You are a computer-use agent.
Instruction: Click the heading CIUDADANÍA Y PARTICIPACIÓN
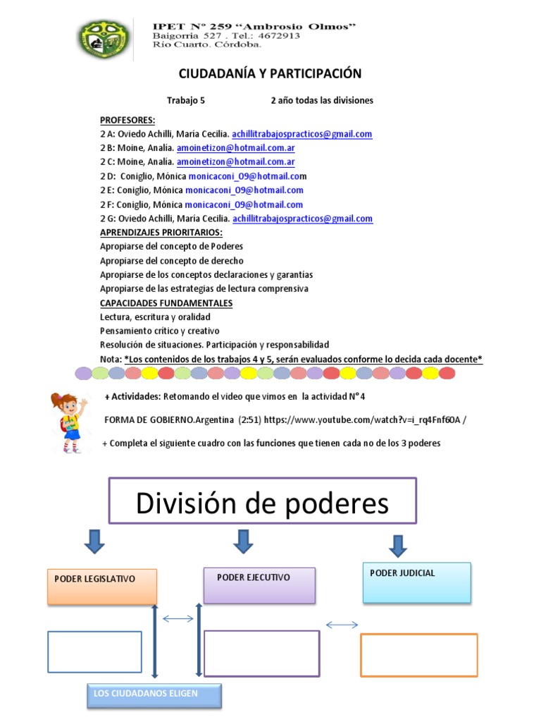click(x=270, y=74)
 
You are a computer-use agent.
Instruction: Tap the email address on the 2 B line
click(x=235, y=148)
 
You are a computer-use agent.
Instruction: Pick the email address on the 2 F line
click(x=244, y=204)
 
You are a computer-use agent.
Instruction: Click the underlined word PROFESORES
click(x=128, y=120)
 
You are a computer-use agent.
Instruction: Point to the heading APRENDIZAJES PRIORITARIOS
click(x=161, y=233)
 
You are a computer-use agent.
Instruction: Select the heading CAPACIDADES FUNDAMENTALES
click(x=166, y=303)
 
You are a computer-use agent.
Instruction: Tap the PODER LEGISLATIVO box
click(x=102, y=587)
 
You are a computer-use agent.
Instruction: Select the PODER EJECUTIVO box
click(x=259, y=585)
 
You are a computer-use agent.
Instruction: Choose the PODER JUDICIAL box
click(x=416, y=582)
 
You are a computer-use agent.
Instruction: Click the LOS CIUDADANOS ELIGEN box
click(x=154, y=695)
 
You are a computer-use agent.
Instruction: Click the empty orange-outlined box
click(x=418, y=655)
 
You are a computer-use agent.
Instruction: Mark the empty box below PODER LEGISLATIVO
click(x=95, y=652)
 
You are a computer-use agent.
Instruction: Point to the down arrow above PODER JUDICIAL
click(x=398, y=545)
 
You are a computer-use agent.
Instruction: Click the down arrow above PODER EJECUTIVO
click(x=243, y=541)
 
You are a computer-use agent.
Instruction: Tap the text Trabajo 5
click(x=185, y=100)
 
